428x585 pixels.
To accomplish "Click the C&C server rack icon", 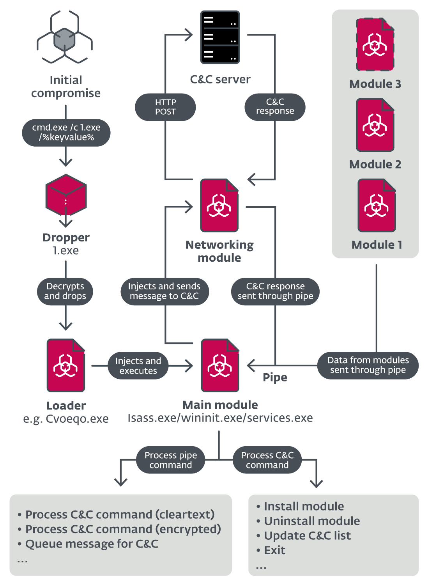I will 220,37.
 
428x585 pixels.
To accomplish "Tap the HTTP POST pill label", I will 165,107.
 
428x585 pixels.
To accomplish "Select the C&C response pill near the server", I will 275,106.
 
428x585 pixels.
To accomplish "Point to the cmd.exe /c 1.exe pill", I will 66,133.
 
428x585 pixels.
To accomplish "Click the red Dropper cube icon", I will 66,195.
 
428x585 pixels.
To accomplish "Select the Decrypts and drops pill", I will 65,291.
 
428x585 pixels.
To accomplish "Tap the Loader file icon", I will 66,365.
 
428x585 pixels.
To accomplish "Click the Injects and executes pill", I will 138,366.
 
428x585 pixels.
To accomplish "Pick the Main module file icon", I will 220,365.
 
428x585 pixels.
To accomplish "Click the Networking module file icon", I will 219,206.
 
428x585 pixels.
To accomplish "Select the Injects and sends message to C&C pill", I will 164,291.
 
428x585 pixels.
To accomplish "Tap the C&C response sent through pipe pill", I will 275,291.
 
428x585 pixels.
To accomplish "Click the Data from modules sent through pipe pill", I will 368,365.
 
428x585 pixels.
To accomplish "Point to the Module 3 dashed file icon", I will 375,44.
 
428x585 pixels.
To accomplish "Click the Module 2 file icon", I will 375,125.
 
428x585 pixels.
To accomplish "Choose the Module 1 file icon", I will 377,206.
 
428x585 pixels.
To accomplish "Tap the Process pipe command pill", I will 170,460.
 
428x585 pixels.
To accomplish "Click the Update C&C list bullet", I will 307,536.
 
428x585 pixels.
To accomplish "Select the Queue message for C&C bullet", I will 92,544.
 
